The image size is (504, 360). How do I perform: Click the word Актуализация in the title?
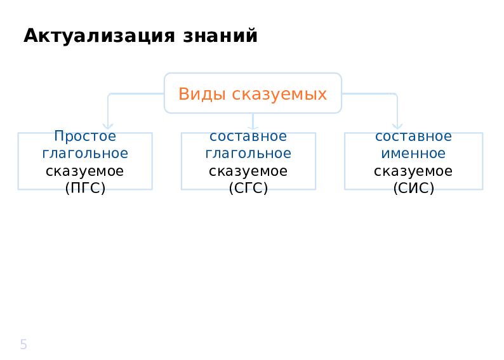(x=99, y=36)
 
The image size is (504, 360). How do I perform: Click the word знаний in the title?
(x=220, y=36)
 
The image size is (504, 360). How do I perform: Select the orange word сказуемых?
(x=279, y=95)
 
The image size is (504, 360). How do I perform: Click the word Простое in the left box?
(x=85, y=136)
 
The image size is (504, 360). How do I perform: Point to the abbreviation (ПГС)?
(x=85, y=188)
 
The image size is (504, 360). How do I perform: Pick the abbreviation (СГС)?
(x=248, y=188)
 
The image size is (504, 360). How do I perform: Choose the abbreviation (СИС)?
(x=414, y=188)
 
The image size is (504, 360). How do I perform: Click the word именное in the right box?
(x=413, y=153)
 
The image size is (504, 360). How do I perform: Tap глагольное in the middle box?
(x=248, y=153)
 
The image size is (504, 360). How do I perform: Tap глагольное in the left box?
(x=85, y=153)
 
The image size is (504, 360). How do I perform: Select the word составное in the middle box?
(x=248, y=137)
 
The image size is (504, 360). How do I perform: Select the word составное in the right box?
(x=414, y=137)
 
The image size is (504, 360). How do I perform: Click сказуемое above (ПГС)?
(x=85, y=171)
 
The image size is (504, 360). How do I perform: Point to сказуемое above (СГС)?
(x=248, y=171)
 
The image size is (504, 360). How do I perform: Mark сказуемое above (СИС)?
(x=413, y=171)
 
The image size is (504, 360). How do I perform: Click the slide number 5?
(x=23, y=344)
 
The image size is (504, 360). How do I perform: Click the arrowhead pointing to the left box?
(x=108, y=126)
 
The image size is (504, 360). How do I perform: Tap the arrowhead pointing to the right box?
(x=397, y=126)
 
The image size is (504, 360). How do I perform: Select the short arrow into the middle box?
(x=253, y=121)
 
